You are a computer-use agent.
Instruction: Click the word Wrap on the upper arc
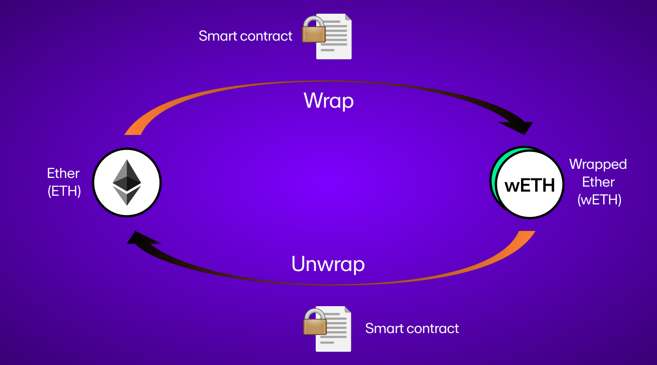[x=328, y=101]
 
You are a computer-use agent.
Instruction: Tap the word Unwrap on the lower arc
[x=328, y=264]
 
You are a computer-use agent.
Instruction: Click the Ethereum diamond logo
[x=127, y=182]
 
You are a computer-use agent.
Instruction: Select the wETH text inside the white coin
[x=530, y=185]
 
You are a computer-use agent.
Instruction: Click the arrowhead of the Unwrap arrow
[x=141, y=238]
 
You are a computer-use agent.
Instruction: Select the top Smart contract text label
[x=245, y=36]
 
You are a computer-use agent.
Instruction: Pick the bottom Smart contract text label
[x=412, y=328]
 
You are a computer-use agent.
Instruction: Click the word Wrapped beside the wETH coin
[x=598, y=164]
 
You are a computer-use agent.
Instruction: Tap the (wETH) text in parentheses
[x=599, y=199]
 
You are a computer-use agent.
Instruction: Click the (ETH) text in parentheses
[x=64, y=191]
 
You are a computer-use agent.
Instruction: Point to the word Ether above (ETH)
[x=63, y=173]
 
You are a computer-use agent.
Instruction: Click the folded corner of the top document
[x=348, y=17]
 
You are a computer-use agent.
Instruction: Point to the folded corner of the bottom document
[x=348, y=309]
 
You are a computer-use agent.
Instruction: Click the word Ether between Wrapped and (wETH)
[x=598, y=182]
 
